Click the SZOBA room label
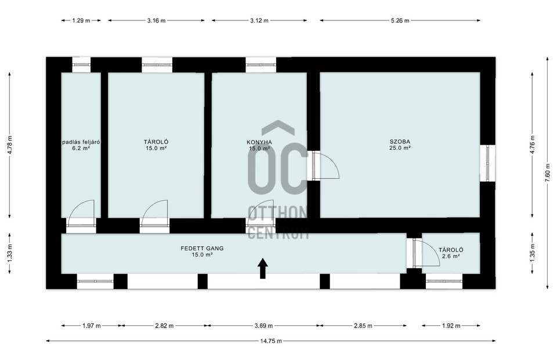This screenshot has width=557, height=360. point(400,142)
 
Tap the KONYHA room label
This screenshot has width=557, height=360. point(259,142)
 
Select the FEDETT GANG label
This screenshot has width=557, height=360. point(202,249)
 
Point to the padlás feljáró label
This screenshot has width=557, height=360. point(81,142)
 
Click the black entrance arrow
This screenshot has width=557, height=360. point(262,268)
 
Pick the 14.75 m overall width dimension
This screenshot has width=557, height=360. point(271,341)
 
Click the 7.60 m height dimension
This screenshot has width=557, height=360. point(547,172)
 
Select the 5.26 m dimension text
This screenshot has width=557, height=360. point(400,20)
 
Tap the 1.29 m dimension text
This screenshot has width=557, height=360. point(81,20)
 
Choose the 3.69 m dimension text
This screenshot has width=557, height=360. point(263,326)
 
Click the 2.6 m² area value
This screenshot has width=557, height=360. point(451,256)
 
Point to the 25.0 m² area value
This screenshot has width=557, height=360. point(400,148)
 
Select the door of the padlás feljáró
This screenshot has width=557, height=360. point(81,213)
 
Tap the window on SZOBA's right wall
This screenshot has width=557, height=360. point(488,163)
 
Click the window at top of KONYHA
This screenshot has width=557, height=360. point(261,64)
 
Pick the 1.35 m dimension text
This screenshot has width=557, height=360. point(532,253)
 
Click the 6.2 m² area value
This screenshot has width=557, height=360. point(81,149)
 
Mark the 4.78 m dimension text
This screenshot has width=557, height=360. point(10,145)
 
